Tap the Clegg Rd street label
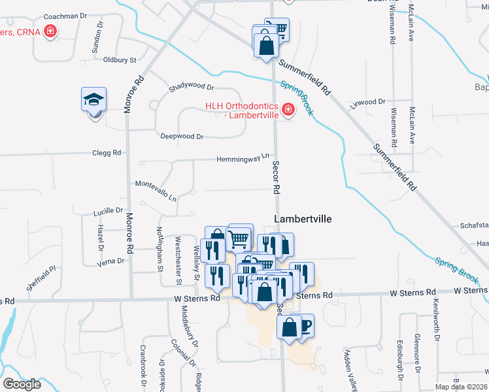108,153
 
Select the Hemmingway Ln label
243,158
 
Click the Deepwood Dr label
182,137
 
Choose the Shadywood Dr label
191,86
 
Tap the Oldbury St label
119,59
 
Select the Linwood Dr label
368,102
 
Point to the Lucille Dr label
109,211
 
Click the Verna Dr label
110,261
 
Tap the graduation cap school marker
94,100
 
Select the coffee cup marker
305,324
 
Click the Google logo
22,384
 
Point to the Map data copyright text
461,387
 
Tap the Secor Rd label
276,177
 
